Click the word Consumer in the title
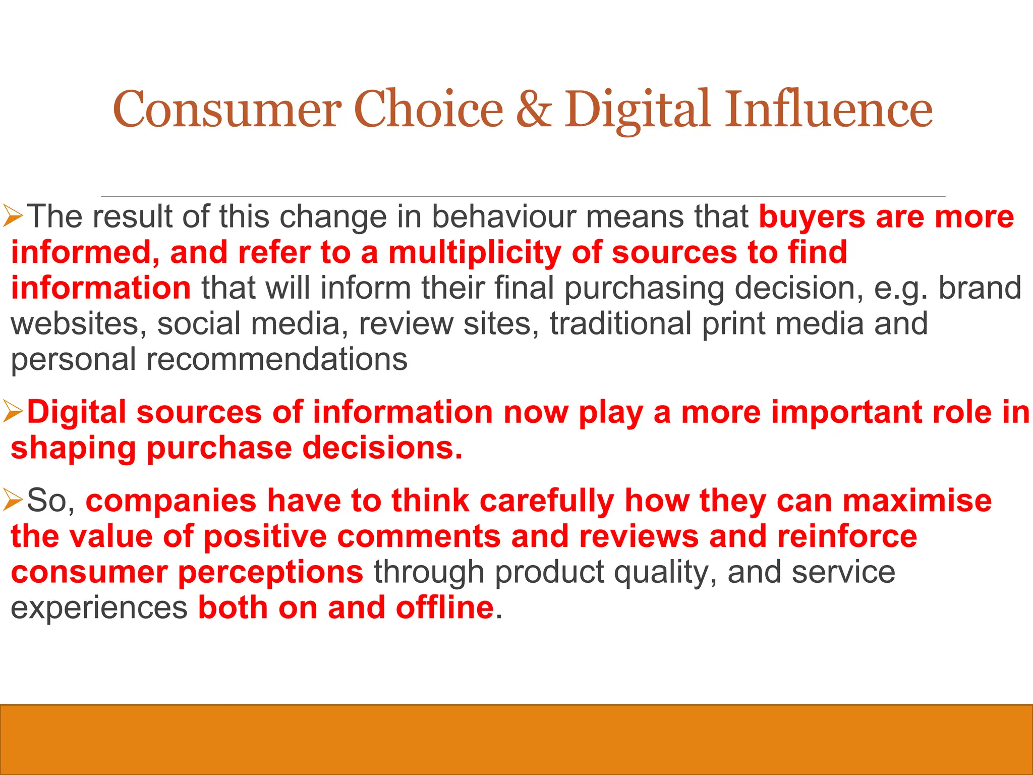pyautogui.click(x=226, y=109)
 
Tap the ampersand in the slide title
pyautogui.click(x=533, y=109)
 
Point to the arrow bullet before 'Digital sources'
pyautogui.click(x=13, y=412)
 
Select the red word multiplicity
pyautogui.click(x=474, y=252)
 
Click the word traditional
pyautogui.click(x=620, y=323)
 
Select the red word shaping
pyautogui.click(x=74, y=449)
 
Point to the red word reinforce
pyautogui.click(x=847, y=536)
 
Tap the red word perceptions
pyautogui.click(x=270, y=573)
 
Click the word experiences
pyautogui.click(x=99, y=608)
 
